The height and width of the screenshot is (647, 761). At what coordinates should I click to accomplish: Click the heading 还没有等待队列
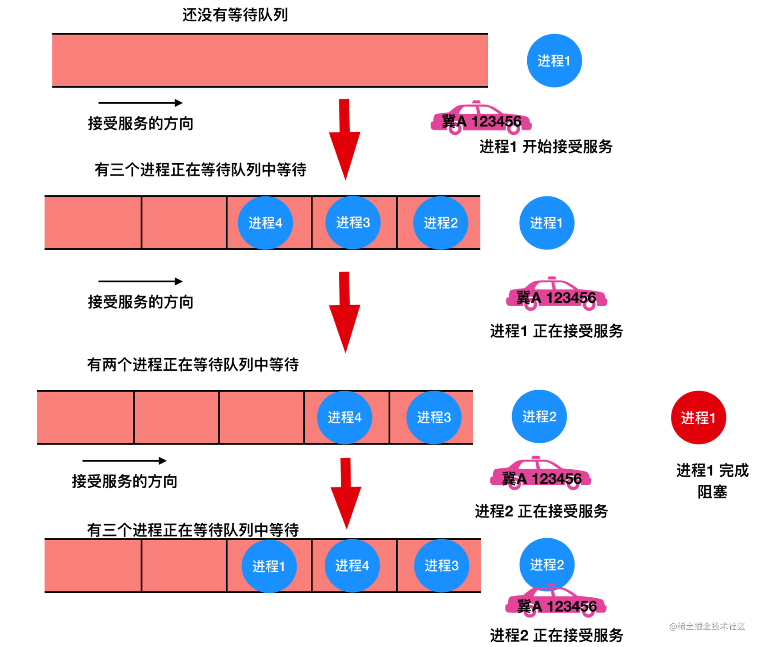[x=235, y=15]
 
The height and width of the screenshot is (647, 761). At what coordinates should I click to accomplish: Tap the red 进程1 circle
[x=698, y=418]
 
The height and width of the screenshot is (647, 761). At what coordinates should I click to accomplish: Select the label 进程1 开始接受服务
[x=546, y=147]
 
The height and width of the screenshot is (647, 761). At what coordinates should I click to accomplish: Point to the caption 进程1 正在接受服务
[x=556, y=331]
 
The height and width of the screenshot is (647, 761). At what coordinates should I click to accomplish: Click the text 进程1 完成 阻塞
[x=712, y=481]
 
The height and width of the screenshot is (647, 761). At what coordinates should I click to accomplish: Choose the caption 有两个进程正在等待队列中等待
[x=193, y=365]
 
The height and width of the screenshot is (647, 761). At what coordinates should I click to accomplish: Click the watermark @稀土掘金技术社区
[x=707, y=626]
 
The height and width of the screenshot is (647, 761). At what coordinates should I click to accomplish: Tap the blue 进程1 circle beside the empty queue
[x=554, y=61]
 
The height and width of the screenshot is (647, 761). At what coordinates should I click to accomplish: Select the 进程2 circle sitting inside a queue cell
[x=441, y=223]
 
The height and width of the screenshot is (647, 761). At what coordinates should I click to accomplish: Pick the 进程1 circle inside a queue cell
[x=269, y=566]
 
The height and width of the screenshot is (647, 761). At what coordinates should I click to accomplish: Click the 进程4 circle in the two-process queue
[x=344, y=418]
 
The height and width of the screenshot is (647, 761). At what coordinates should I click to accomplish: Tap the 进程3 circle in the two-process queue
[x=434, y=418]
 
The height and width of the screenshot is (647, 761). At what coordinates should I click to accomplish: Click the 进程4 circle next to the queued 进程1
[x=352, y=566]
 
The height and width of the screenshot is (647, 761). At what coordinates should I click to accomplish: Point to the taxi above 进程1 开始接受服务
[x=481, y=118]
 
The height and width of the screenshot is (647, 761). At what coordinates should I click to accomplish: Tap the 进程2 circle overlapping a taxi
[x=547, y=565]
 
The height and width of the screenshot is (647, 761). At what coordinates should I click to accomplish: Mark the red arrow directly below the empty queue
[x=345, y=140]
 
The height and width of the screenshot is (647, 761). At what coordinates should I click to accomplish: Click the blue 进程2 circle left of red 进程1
[x=539, y=417]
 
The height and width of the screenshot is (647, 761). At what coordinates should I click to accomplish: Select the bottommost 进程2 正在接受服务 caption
[x=556, y=635]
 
